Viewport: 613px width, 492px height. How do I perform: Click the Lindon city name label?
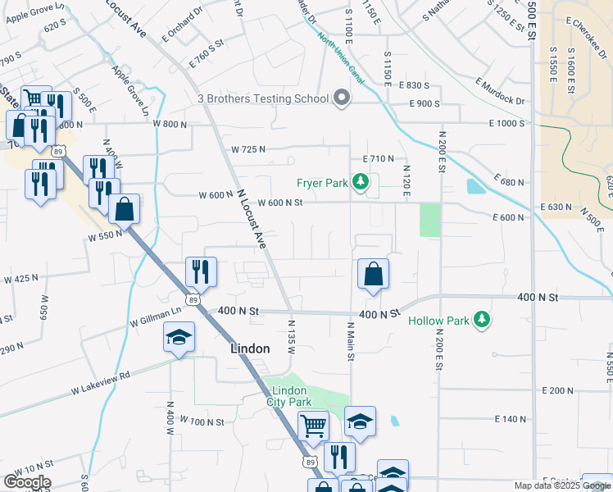(249, 348)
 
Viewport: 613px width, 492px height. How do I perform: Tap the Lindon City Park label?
(289, 395)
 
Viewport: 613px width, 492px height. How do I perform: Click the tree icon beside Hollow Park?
(484, 320)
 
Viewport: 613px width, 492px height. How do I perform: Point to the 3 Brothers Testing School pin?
(343, 98)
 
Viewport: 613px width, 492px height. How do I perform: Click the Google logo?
(27, 482)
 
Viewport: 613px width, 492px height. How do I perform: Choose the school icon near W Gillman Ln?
(179, 337)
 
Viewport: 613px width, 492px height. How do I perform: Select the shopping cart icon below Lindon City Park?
(313, 426)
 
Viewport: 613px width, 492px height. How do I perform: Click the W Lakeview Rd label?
(101, 376)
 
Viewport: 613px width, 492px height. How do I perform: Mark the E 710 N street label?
(378, 158)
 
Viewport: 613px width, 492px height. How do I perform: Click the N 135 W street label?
(291, 337)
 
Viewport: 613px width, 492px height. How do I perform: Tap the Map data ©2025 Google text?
(561, 485)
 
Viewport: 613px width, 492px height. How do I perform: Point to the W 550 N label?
(105, 235)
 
